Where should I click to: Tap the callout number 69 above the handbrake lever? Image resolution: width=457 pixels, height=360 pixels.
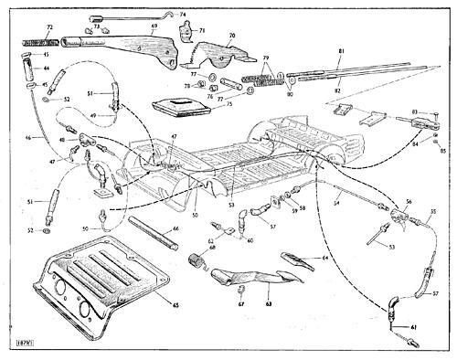[x=154, y=26]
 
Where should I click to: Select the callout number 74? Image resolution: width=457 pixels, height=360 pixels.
[x=183, y=15]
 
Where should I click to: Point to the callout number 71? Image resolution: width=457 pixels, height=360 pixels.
[x=202, y=29]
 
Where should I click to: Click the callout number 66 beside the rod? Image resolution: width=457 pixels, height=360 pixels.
[x=175, y=229]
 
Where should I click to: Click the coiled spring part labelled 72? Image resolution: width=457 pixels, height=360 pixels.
[x=37, y=41]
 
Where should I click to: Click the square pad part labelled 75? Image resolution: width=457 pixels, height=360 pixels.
[x=179, y=109]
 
